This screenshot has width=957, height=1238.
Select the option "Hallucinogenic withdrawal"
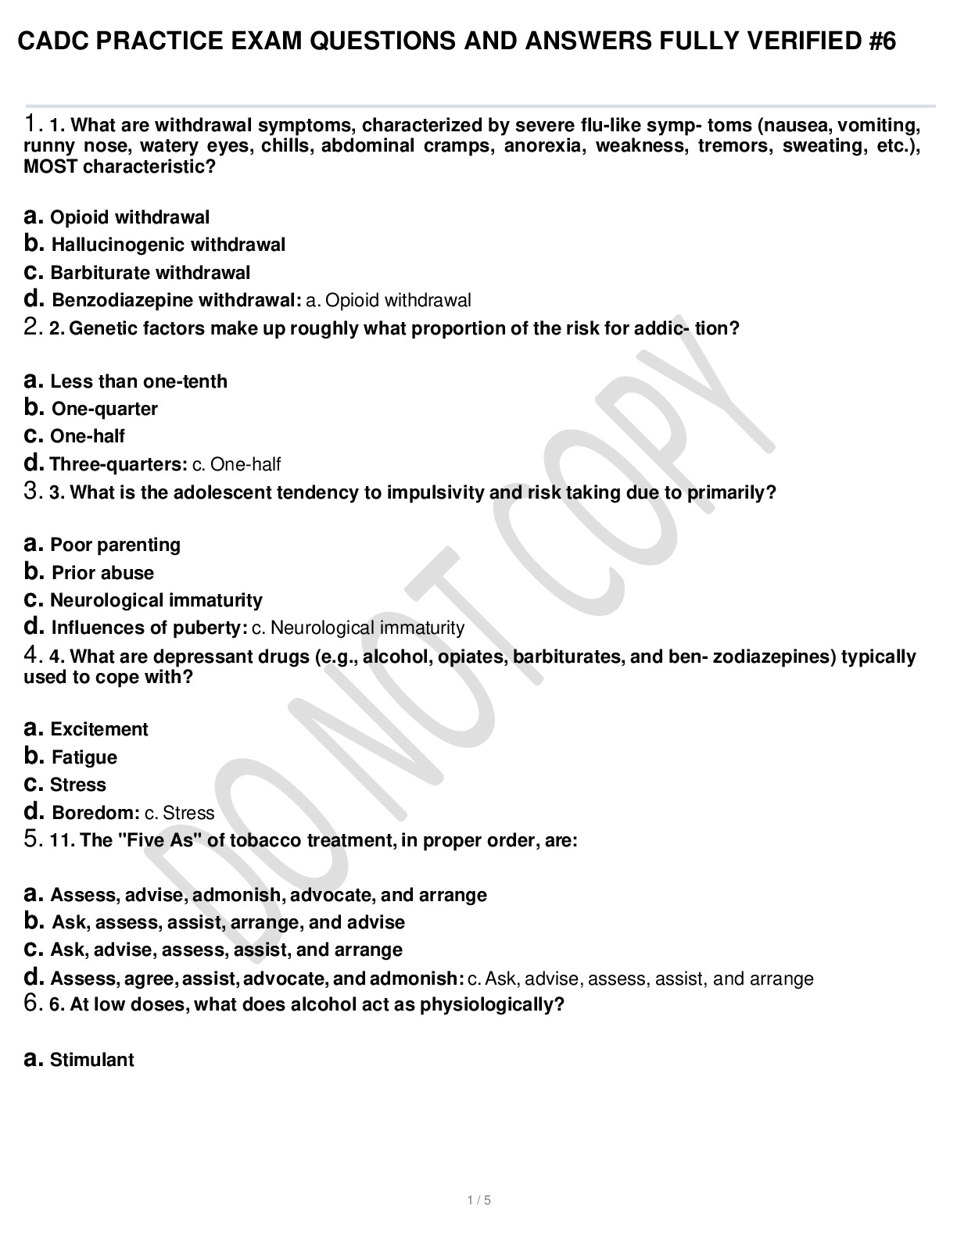pos(167,245)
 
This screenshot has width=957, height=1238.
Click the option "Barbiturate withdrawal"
pos(150,273)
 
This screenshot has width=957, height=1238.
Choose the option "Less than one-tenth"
pos(138,381)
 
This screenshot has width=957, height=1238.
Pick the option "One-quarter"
pos(104,409)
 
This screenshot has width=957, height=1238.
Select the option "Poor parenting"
pos(115,545)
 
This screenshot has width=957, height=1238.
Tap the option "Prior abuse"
pos(102,573)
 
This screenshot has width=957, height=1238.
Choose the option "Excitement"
pos(99,729)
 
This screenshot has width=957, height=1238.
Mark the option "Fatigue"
pos(84,757)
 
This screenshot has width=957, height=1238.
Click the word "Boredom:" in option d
pos(95,813)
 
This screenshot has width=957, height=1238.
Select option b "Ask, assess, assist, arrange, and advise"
pos(228,922)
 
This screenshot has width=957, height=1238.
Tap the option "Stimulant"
pos(91,1060)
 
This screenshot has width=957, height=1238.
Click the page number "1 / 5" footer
pos(478,1200)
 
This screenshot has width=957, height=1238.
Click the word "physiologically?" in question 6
pos(492,1004)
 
